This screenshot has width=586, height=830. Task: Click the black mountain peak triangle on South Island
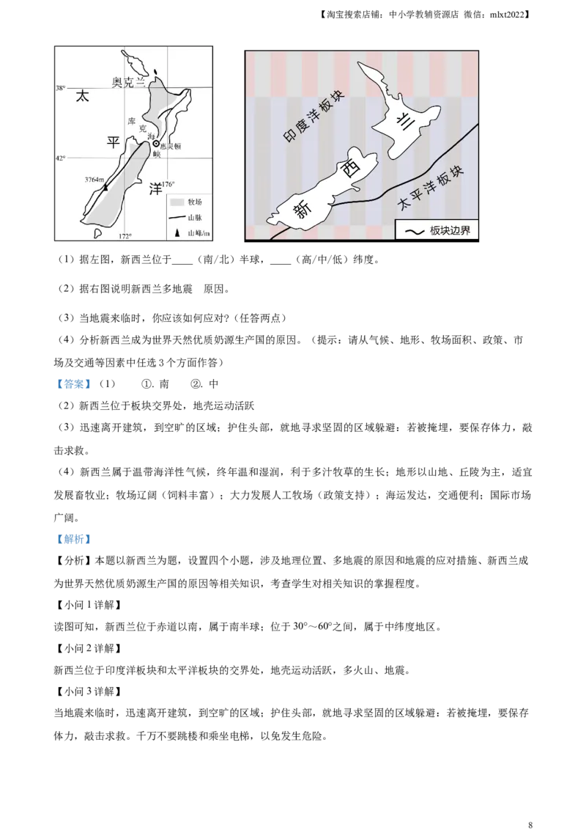pos(105,187)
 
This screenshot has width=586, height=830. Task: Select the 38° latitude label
pos(60,88)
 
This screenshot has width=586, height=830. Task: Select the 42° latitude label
pos(60,158)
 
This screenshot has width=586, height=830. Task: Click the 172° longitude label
pos(125,236)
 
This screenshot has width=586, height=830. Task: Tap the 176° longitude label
pos(169,184)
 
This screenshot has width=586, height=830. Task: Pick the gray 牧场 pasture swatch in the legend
pos(176,202)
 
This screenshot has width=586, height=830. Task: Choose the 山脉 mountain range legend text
pos(196,218)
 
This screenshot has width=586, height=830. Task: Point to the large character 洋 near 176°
pos(155,188)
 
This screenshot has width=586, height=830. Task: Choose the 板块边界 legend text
pos(451,231)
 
